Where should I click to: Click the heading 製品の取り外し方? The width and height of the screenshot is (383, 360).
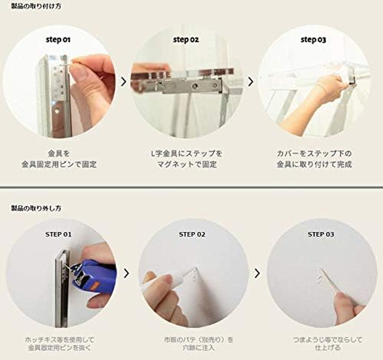pyautogui.click(x=36, y=208)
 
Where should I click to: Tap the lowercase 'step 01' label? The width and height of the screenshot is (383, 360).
pyautogui.click(x=58, y=40)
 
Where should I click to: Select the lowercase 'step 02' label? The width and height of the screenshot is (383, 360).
pyautogui.click(x=186, y=40)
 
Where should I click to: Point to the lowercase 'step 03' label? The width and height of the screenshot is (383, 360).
pyautogui.click(x=313, y=40)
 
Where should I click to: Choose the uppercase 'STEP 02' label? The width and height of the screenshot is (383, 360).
pyautogui.click(x=192, y=234)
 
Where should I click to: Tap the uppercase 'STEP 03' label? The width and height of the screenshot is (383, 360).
pyautogui.click(x=321, y=234)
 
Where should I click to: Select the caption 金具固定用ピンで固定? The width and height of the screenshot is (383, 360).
pyautogui.click(x=59, y=165)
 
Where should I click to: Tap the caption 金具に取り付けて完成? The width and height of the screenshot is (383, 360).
pyautogui.click(x=314, y=165)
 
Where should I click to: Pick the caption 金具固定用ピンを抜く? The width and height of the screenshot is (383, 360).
pyautogui.click(x=59, y=348)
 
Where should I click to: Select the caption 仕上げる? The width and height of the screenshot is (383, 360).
pyautogui.click(x=320, y=348)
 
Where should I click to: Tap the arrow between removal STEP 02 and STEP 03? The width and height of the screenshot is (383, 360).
pyautogui.click(x=257, y=273)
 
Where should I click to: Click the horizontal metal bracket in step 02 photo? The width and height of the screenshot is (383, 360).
pyautogui.click(x=189, y=85)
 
